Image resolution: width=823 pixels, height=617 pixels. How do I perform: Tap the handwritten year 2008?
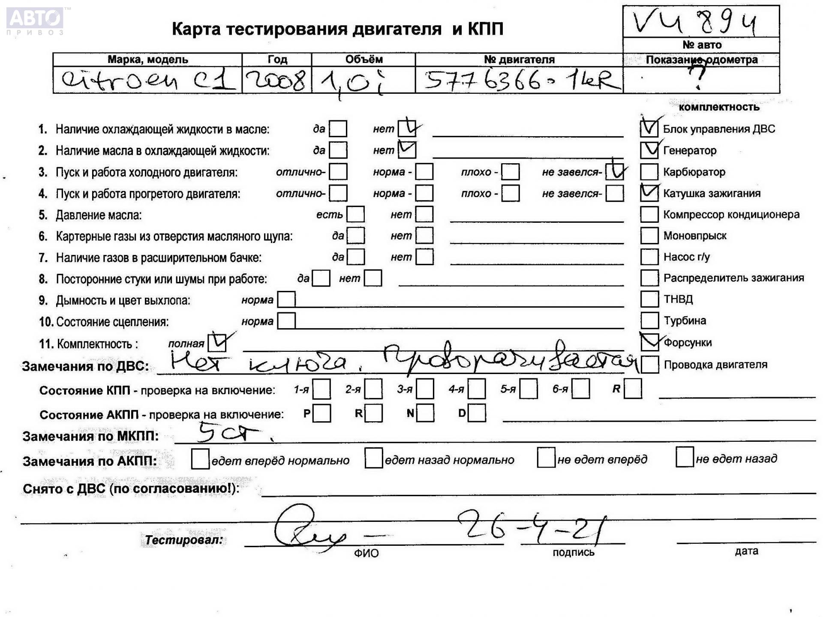point(276,80)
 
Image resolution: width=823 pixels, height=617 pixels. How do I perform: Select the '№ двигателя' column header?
point(519,60)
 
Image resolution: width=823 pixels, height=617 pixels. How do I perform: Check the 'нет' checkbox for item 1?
point(406,129)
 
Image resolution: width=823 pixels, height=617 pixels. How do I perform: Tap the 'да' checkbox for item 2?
point(338,150)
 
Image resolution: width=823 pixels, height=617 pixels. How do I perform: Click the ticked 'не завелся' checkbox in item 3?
point(615,172)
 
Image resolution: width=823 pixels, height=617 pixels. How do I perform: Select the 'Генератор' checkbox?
point(649,150)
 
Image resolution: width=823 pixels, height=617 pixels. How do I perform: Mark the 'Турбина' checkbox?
point(649,320)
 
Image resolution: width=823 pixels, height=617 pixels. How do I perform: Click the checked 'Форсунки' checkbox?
point(649,342)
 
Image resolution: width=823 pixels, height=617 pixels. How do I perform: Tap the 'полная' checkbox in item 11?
point(217,343)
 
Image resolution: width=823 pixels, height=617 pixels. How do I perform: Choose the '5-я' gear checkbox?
point(529,389)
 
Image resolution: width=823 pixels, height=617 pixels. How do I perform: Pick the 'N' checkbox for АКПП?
point(425,413)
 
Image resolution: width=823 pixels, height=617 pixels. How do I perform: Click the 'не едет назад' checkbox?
point(684,457)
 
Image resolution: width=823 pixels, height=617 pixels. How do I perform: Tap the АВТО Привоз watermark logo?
point(35,21)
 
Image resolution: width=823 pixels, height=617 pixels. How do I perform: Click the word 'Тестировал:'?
point(183,540)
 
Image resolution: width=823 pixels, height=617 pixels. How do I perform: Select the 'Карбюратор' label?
point(694,172)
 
